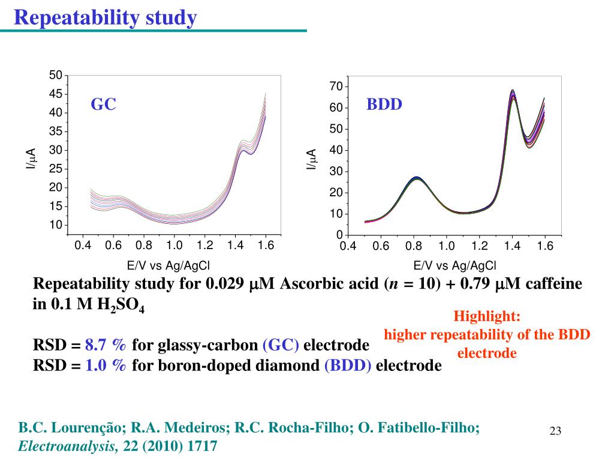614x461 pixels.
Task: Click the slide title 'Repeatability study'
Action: click(106, 18)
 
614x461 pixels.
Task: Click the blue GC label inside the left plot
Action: click(103, 104)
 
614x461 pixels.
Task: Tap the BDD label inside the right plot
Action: click(384, 104)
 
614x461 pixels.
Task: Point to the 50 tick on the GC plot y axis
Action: click(56, 75)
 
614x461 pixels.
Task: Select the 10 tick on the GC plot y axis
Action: click(56, 225)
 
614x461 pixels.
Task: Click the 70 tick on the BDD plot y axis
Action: click(336, 87)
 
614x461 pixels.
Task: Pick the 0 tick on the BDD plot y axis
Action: click(339, 235)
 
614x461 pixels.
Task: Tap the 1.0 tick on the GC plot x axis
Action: click(174, 245)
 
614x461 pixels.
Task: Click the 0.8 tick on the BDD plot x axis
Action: click(413, 247)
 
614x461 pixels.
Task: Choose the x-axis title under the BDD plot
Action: click(455, 266)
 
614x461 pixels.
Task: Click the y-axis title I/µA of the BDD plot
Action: click(311, 160)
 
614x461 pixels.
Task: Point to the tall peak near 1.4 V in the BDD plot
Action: click(513, 92)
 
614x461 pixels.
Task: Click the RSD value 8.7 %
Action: click(106, 346)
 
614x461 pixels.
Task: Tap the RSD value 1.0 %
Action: click(106, 366)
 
